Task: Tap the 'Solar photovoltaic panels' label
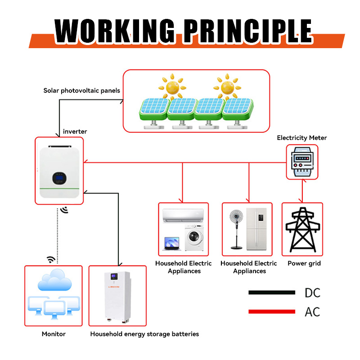pos(81,90)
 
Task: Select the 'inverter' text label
pos(75,131)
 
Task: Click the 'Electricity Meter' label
pos(301,138)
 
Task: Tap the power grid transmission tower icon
pos(302,229)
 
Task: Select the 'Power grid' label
pos(304,263)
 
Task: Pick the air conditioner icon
pos(184,216)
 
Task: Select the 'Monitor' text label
pos(54,334)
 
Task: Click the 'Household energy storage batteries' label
pos(144,334)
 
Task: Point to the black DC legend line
pos(271,292)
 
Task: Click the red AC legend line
pos(271,311)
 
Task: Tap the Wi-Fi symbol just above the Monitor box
pos(51,259)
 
